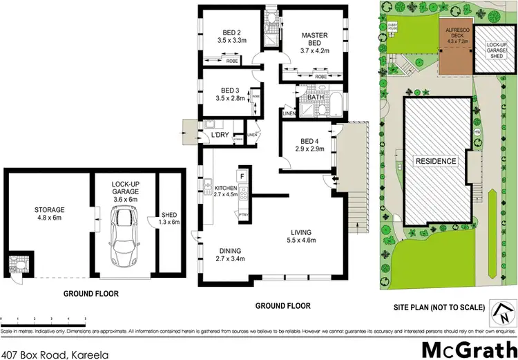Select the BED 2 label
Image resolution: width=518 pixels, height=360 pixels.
pyautogui.click(x=231, y=32)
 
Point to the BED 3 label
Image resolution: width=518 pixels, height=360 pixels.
pyautogui.click(x=230, y=91)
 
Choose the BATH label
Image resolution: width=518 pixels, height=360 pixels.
pyautogui.click(x=316, y=97)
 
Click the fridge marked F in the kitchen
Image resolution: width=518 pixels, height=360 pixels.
pyautogui.click(x=242, y=176)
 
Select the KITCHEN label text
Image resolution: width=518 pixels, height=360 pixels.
pyautogui.click(x=226, y=188)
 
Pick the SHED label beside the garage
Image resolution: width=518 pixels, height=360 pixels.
pyautogui.click(x=169, y=214)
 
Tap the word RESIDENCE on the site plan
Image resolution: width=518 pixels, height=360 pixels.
pyautogui.click(x=435, y=161)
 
